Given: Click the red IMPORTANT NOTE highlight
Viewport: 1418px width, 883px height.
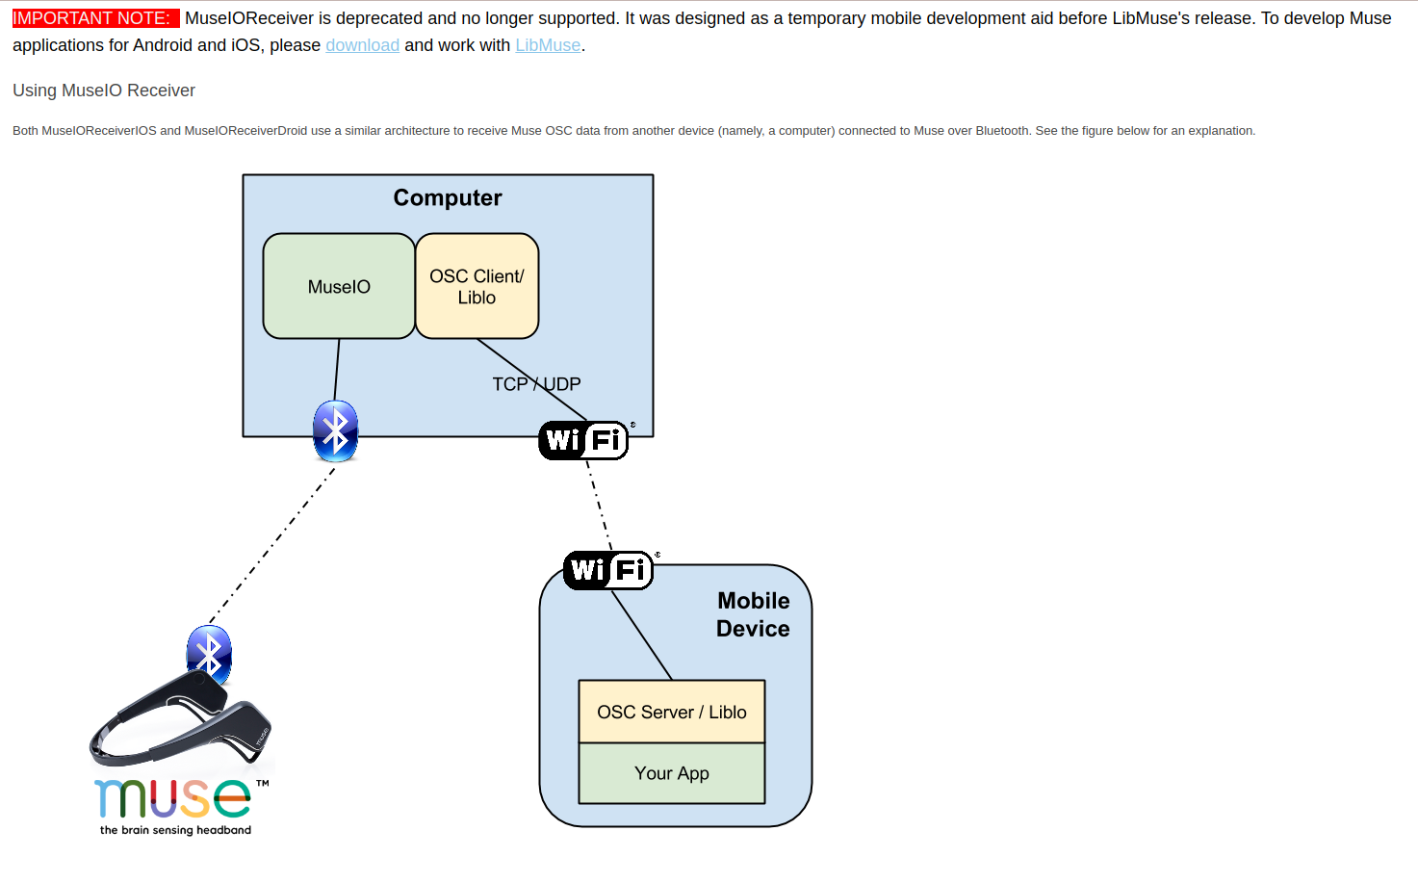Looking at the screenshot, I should coord(93,18).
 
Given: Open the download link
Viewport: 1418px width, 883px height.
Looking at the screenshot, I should coord(362,45).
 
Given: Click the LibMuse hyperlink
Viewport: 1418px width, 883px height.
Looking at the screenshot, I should coord(548,45).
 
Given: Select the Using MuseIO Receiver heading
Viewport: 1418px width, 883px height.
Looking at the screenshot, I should coord(104,91).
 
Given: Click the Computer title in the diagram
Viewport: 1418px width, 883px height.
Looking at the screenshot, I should coord(448,197).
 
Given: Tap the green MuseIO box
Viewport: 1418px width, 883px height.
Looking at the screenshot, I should coord(339,287).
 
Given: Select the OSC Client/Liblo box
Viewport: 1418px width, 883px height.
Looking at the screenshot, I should coord(477,287).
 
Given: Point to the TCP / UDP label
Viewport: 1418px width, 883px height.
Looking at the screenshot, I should coord(536,384).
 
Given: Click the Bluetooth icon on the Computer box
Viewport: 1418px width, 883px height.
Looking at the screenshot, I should coord(335,430).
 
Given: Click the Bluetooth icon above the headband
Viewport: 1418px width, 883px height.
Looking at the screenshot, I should coord(209,654).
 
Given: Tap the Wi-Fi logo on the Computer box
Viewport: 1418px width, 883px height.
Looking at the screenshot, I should coord(584,440).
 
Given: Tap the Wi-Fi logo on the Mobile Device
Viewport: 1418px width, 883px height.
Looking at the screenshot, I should coord(608,570).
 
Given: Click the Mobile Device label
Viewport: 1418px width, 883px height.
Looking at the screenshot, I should coord(753,614).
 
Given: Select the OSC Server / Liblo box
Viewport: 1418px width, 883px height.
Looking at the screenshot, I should coord(671,712).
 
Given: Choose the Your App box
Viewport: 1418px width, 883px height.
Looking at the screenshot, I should coord(671,773).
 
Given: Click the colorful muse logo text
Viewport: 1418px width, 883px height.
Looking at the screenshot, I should coord(173,798).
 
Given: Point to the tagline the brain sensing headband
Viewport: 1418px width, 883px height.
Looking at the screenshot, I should coord(175,830).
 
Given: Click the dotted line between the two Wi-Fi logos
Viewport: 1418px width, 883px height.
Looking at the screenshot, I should coord(600,506).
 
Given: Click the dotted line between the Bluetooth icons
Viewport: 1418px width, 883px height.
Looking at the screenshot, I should coord(273,544).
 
